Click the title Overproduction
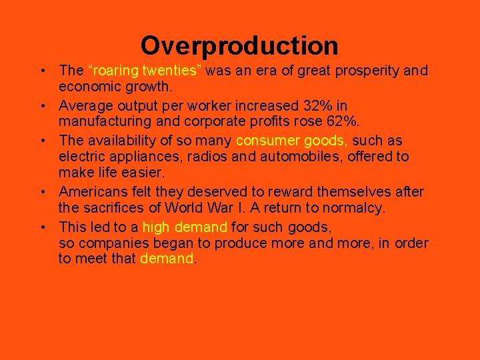coord(239,45)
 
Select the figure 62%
coord(345,121)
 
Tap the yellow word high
coord(156,227)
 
